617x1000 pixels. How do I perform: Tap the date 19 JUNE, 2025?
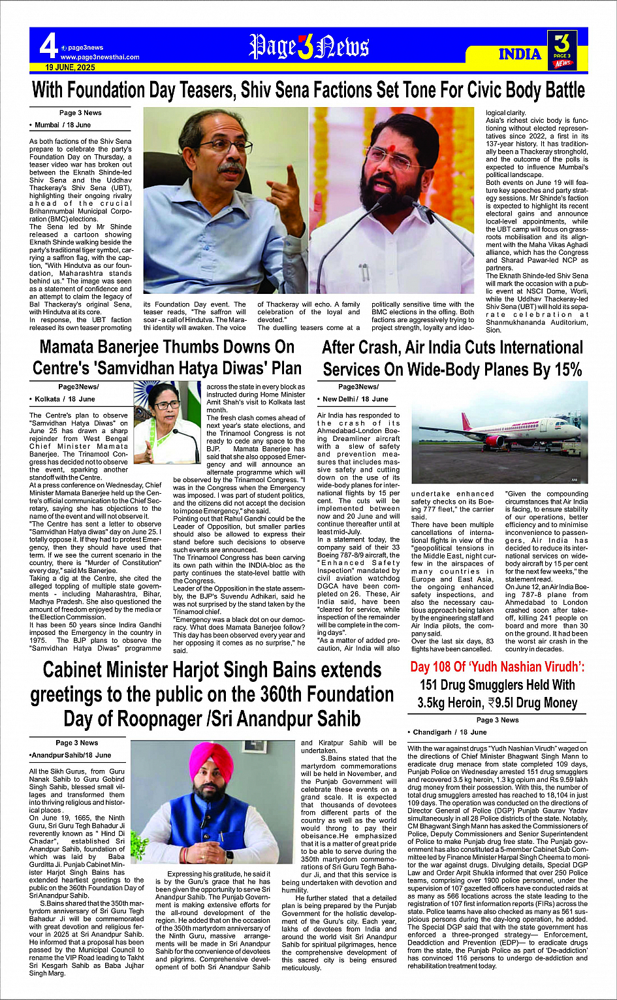click(71, 67)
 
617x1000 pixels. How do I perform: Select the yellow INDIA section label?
click(520, 54)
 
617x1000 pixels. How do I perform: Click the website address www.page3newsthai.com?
click(100, 57)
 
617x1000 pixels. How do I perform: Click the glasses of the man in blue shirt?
click(226, 145)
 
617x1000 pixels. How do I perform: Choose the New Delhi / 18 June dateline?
click(355, 398)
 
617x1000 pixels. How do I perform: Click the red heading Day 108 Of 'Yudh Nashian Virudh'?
click(498, 667)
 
